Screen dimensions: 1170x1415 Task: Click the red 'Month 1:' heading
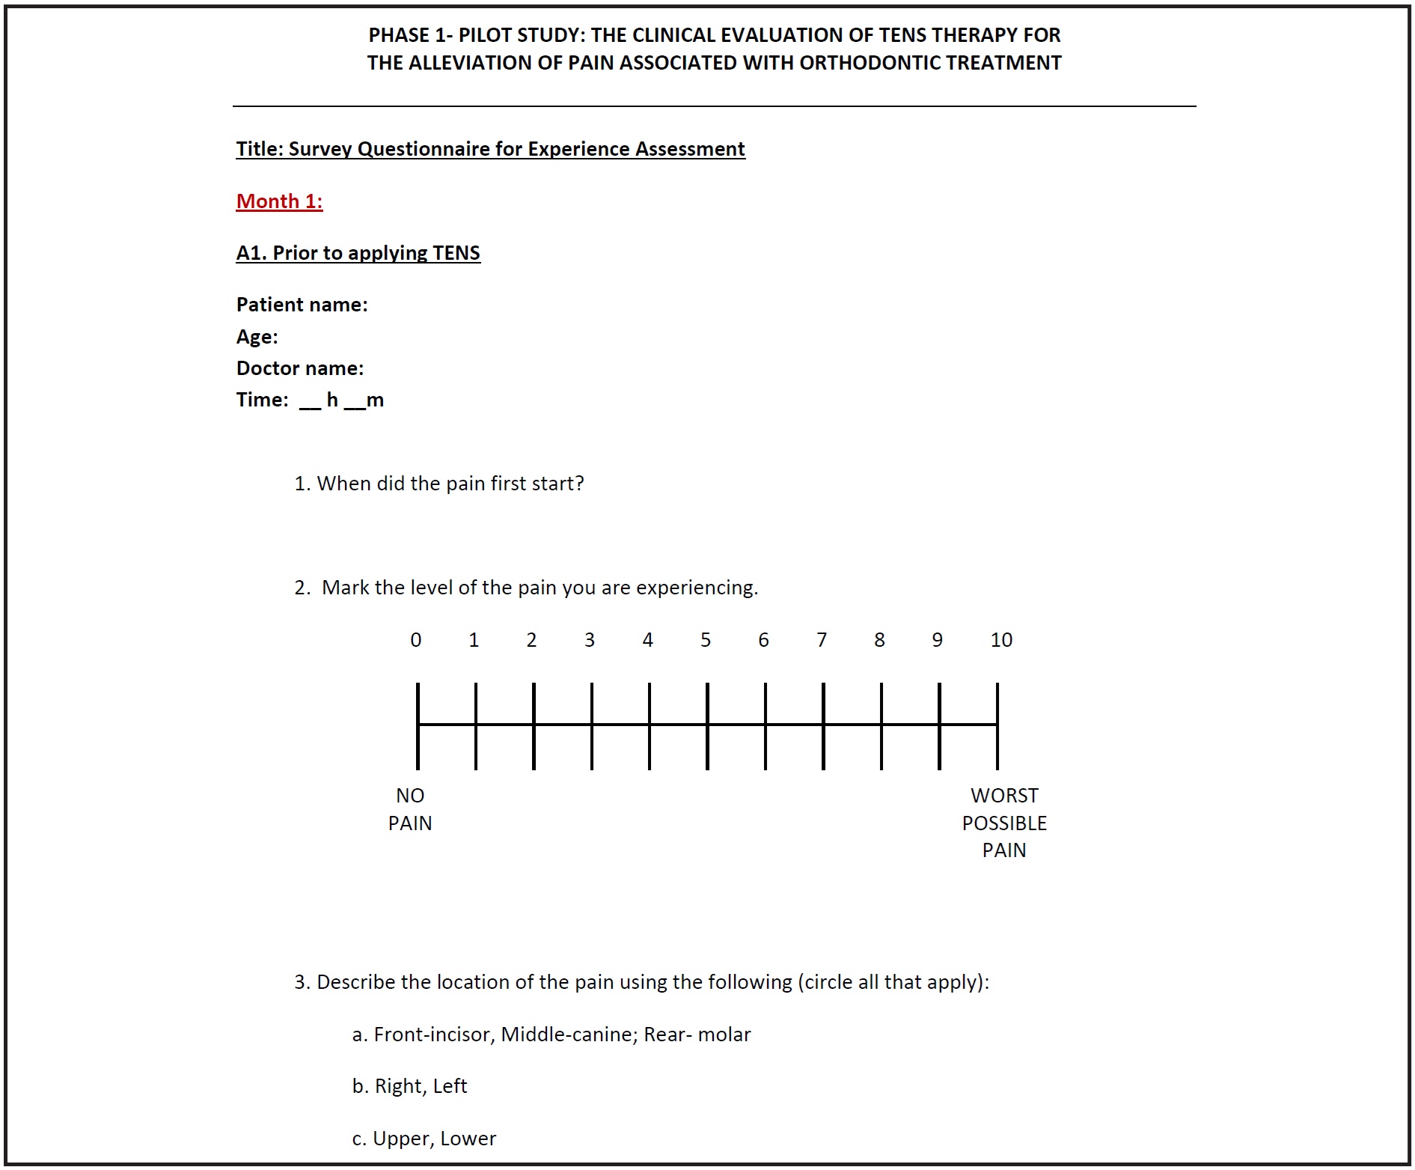279,201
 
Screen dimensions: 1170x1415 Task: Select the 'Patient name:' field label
302,305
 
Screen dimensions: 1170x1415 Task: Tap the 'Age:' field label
257,337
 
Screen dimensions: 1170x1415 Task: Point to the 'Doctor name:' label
299,368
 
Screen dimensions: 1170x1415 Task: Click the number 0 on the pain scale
416,640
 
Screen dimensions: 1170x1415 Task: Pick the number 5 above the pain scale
706,640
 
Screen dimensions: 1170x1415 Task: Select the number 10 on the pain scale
1000,640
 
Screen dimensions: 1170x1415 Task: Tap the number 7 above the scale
822,640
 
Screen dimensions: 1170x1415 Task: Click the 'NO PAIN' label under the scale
410,809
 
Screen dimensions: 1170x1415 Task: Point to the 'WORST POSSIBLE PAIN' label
1004,823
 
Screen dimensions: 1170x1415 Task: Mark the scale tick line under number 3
591,725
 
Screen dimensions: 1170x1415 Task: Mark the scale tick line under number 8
881,725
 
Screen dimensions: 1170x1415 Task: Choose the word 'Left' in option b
450,1086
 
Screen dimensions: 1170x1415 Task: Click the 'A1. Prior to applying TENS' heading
358,253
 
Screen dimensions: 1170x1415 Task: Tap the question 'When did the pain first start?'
450,484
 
